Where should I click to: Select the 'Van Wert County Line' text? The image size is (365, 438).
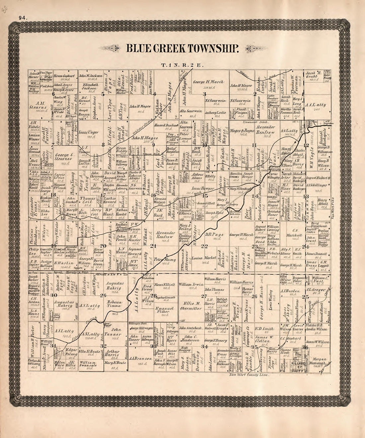[x=249, y=374]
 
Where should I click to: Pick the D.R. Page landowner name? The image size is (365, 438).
[x=216, y=236]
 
